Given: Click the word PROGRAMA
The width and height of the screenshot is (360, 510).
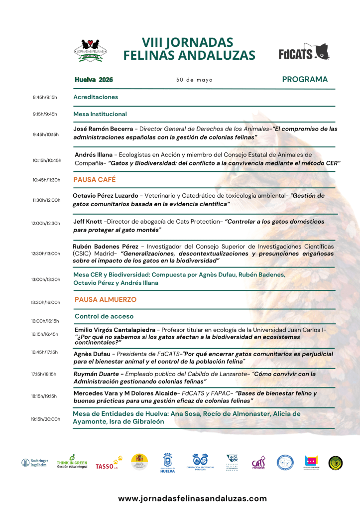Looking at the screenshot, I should [x=305, y=79].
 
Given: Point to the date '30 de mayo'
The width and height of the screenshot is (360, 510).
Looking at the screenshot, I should [x=194, y=80].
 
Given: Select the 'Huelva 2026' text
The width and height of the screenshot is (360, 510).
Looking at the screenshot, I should [x=94, y=80].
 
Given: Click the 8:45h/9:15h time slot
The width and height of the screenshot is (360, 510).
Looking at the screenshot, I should [x=45, y=97].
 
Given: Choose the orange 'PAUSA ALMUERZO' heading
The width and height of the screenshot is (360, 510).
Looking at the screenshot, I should [x=105, y=299].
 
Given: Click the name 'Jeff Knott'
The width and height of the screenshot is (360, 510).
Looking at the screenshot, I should [x=87, y=221].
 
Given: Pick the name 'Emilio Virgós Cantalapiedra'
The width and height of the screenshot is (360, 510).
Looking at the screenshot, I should [x=115, y=330].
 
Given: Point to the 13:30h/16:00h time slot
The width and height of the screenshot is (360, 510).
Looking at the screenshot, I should [x=45, y=302].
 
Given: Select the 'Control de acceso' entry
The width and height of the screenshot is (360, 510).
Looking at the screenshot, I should [x=104, y=316].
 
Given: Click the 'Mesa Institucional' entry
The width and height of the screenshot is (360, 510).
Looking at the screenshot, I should [x=100, y=114].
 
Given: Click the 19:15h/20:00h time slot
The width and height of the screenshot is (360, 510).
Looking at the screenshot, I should [x=45, y=419].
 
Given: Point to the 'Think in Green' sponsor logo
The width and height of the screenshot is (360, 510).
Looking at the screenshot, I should [x=72, y=462].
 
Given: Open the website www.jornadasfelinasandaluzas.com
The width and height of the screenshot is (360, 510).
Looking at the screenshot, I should [x=192, y=498].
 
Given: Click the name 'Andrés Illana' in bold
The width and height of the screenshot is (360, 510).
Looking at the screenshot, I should [x=93, y=154].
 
